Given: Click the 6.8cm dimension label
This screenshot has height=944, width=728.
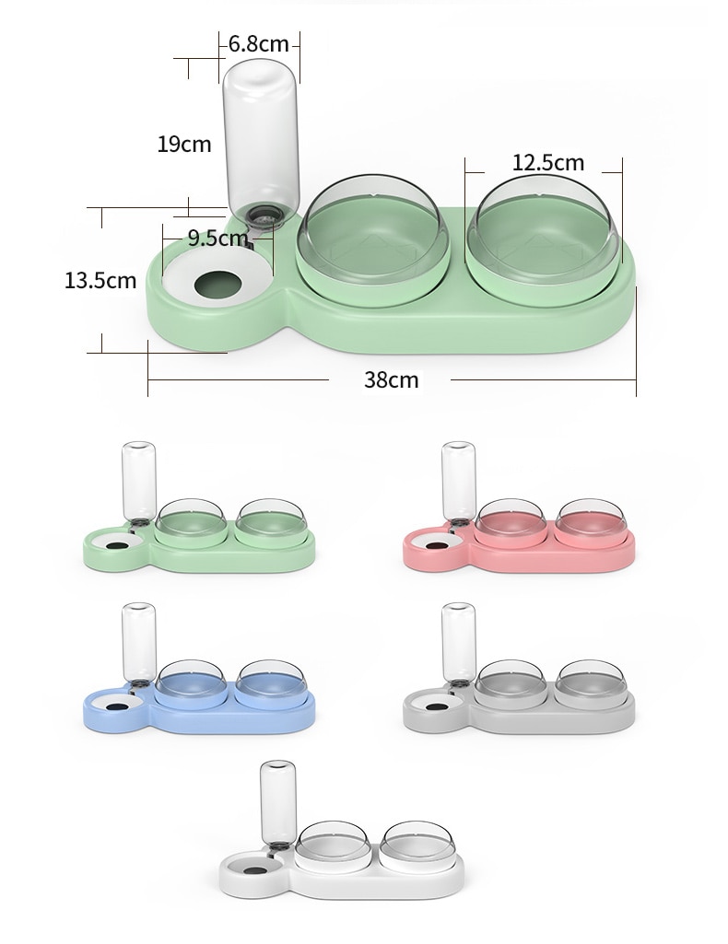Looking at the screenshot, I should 259,42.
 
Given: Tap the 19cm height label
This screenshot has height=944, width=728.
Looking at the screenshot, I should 183,144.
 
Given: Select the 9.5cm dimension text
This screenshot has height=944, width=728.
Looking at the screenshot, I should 217,238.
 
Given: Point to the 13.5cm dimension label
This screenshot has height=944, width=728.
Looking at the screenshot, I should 100,280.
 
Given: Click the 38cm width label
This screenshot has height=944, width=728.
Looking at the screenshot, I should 391,379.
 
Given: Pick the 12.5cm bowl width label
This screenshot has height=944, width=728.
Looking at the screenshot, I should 548,162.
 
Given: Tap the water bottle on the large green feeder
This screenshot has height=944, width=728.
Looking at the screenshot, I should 261,134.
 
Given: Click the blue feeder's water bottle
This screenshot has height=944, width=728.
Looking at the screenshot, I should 139,642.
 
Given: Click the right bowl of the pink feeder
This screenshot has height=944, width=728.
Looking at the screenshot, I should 591,521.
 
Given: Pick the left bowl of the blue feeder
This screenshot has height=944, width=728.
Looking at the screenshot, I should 191,682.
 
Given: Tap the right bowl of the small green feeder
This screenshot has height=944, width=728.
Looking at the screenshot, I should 272,521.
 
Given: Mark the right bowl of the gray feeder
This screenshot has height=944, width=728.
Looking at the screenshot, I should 591,682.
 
